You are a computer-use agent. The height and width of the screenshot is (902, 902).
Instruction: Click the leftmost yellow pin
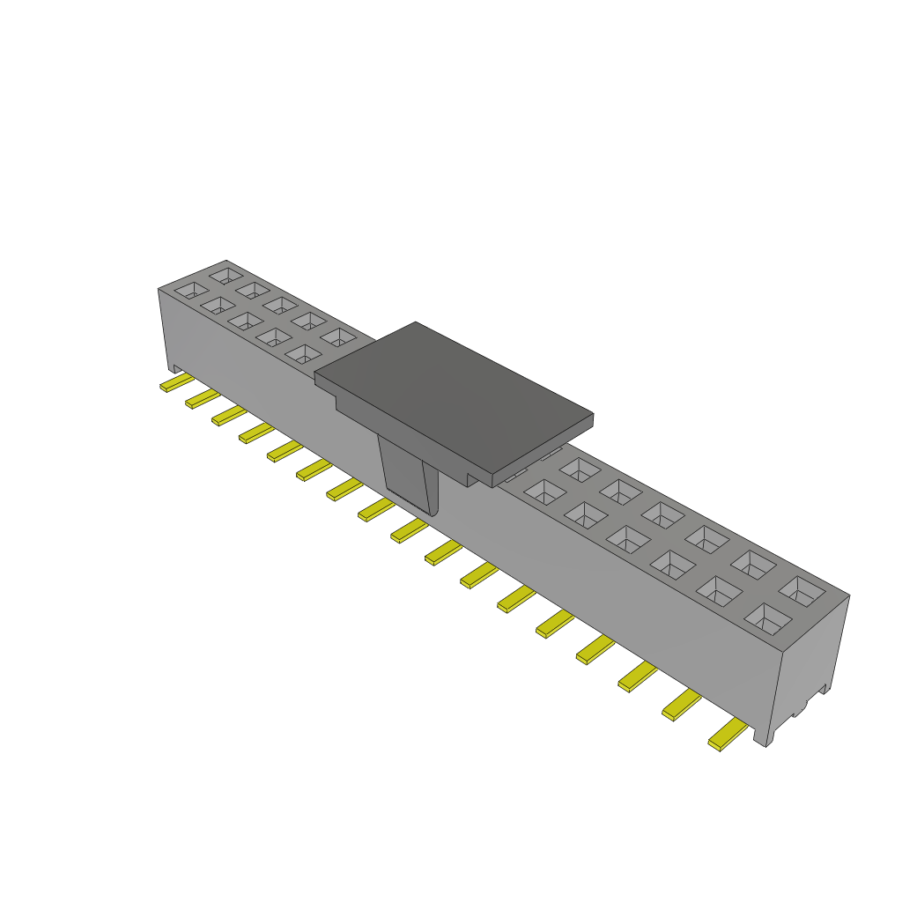click(176, 383)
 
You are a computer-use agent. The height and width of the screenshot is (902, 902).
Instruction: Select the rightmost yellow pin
click(728, 736)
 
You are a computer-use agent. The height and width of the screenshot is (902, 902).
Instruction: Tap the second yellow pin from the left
click(203, 400)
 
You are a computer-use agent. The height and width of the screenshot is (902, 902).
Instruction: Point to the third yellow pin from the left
click(229, 416)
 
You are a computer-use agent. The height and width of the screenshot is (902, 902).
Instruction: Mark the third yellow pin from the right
click(637, 676)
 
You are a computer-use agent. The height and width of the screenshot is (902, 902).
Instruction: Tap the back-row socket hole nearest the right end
click(802, 590)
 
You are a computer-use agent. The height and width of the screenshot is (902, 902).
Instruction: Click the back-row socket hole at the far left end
click(226, 275)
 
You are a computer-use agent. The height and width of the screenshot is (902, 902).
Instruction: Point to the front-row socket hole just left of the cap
click(304, 353)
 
